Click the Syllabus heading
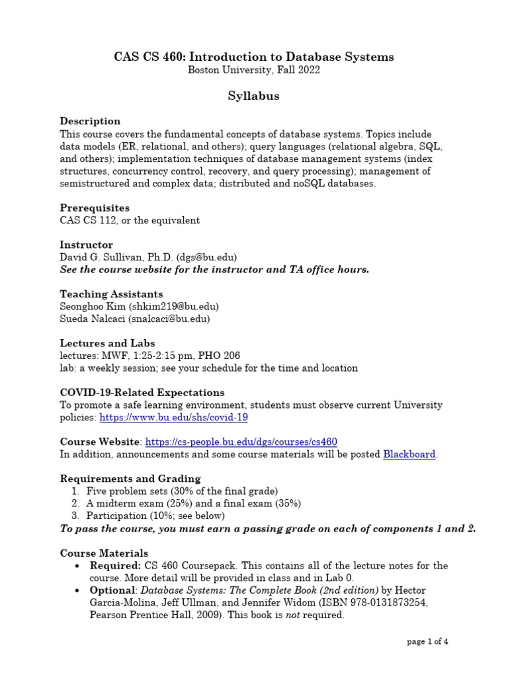(x=253, y=97)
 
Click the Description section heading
(x=90, y=121)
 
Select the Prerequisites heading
(x=95, y=208)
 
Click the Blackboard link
(x=409, y=454)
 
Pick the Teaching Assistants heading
(x=111, y=294)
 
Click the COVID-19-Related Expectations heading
(x=142, y=393)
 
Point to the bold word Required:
(x=115, y=565)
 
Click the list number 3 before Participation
(x=75, y=516)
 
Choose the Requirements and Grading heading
(x=130, y=479)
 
